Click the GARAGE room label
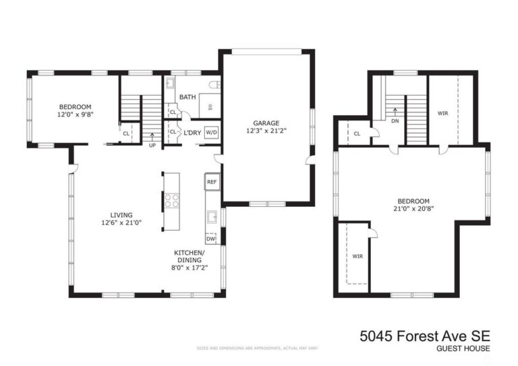[266, 123]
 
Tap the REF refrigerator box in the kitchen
[212, 182]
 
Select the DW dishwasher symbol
[211, 238]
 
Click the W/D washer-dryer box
[211, 132]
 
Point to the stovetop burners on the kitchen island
[171, 200]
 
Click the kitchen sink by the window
[212, 217]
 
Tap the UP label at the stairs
[152, 144]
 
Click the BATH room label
[188, 97]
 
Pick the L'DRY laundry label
[192, 133]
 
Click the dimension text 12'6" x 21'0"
[121, 222]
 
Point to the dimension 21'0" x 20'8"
[414, 209]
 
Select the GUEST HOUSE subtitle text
[463, 348]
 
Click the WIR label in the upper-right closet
[442, 113]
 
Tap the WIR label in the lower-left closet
[357, 256]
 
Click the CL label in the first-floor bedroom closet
[126, 133]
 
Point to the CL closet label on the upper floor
[357, 133]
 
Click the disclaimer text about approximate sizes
[257, 348]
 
